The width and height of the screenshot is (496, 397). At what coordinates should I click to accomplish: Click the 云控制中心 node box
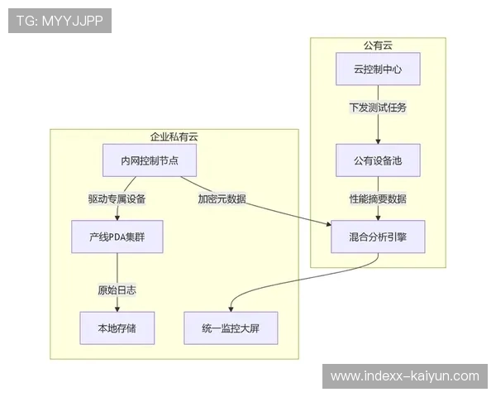point(378,69)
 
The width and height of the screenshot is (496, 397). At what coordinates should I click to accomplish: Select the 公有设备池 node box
point(378,160)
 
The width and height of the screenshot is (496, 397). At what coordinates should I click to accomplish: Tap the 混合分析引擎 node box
point(378,237)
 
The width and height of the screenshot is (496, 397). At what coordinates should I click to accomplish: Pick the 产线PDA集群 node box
point(117,237)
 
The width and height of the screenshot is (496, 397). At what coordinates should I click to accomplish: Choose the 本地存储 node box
point(117,328)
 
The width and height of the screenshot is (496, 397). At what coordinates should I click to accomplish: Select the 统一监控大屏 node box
point(230,328)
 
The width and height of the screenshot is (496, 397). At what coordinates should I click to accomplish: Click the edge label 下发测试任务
point(378,108)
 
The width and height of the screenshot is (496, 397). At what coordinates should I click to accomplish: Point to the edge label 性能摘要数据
point(378,198)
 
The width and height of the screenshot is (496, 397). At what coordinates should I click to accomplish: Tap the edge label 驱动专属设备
point(117,198)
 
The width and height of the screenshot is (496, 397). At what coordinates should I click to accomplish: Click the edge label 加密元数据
point(221,198)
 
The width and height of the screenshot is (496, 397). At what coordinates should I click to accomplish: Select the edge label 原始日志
point(117,289)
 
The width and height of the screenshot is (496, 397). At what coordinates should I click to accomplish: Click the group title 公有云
point(378,45)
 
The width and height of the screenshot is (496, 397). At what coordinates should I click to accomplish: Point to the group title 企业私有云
point(174,136)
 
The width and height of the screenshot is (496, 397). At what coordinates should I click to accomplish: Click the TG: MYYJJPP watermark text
point(60,21)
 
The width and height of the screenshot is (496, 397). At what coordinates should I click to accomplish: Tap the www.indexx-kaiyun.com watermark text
point(404,376)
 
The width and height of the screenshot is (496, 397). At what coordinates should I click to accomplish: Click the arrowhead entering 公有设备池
point(378,141)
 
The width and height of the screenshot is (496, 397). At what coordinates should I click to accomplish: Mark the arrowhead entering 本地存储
point(117,309)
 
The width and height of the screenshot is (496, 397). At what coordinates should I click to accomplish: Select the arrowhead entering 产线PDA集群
point(117,218)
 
